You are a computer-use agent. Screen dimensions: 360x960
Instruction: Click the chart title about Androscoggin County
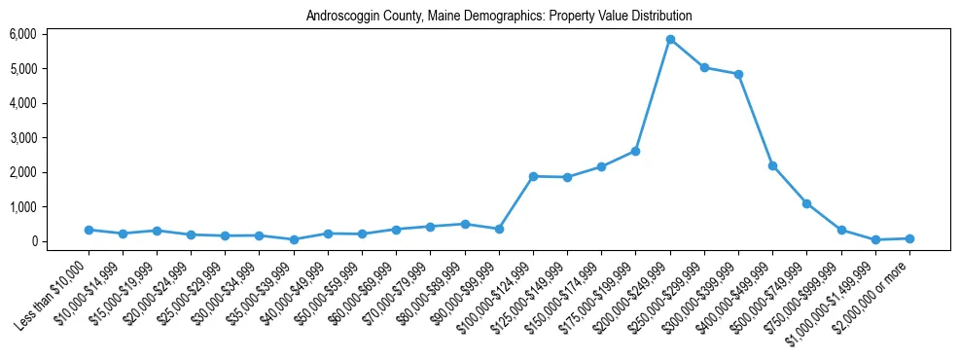click(499, 17)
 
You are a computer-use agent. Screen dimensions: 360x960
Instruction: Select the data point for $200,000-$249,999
click(670, 39)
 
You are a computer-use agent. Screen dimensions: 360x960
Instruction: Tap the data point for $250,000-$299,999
click(704, 68)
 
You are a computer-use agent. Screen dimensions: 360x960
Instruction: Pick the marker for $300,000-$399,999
click(738, 74)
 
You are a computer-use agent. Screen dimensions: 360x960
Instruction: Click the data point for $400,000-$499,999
click(772, 165)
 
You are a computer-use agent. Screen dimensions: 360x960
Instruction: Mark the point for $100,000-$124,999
click(533, 176)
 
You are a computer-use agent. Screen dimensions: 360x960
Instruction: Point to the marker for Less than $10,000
click(89, 230)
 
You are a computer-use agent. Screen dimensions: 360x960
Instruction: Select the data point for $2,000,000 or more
click(909, 238)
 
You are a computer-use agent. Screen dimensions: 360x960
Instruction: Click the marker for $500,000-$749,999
click(806, 203)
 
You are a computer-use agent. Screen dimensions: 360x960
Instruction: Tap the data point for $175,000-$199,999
click(635, 151)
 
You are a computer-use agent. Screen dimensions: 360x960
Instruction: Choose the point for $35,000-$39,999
click(294, 239)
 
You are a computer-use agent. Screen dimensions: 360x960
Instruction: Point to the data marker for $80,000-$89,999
click(465, 224)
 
